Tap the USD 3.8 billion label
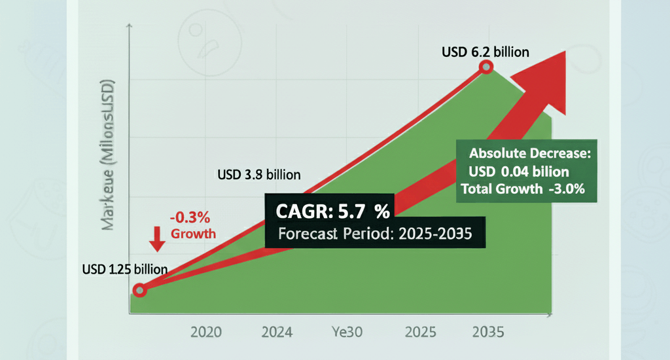(x=258, y=175)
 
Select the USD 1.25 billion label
(x=124, y=269)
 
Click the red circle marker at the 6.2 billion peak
(x=485, y=67)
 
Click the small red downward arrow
(x=156, y=238)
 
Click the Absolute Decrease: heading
(x=530, y=155)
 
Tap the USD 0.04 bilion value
(x=518, y=172)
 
